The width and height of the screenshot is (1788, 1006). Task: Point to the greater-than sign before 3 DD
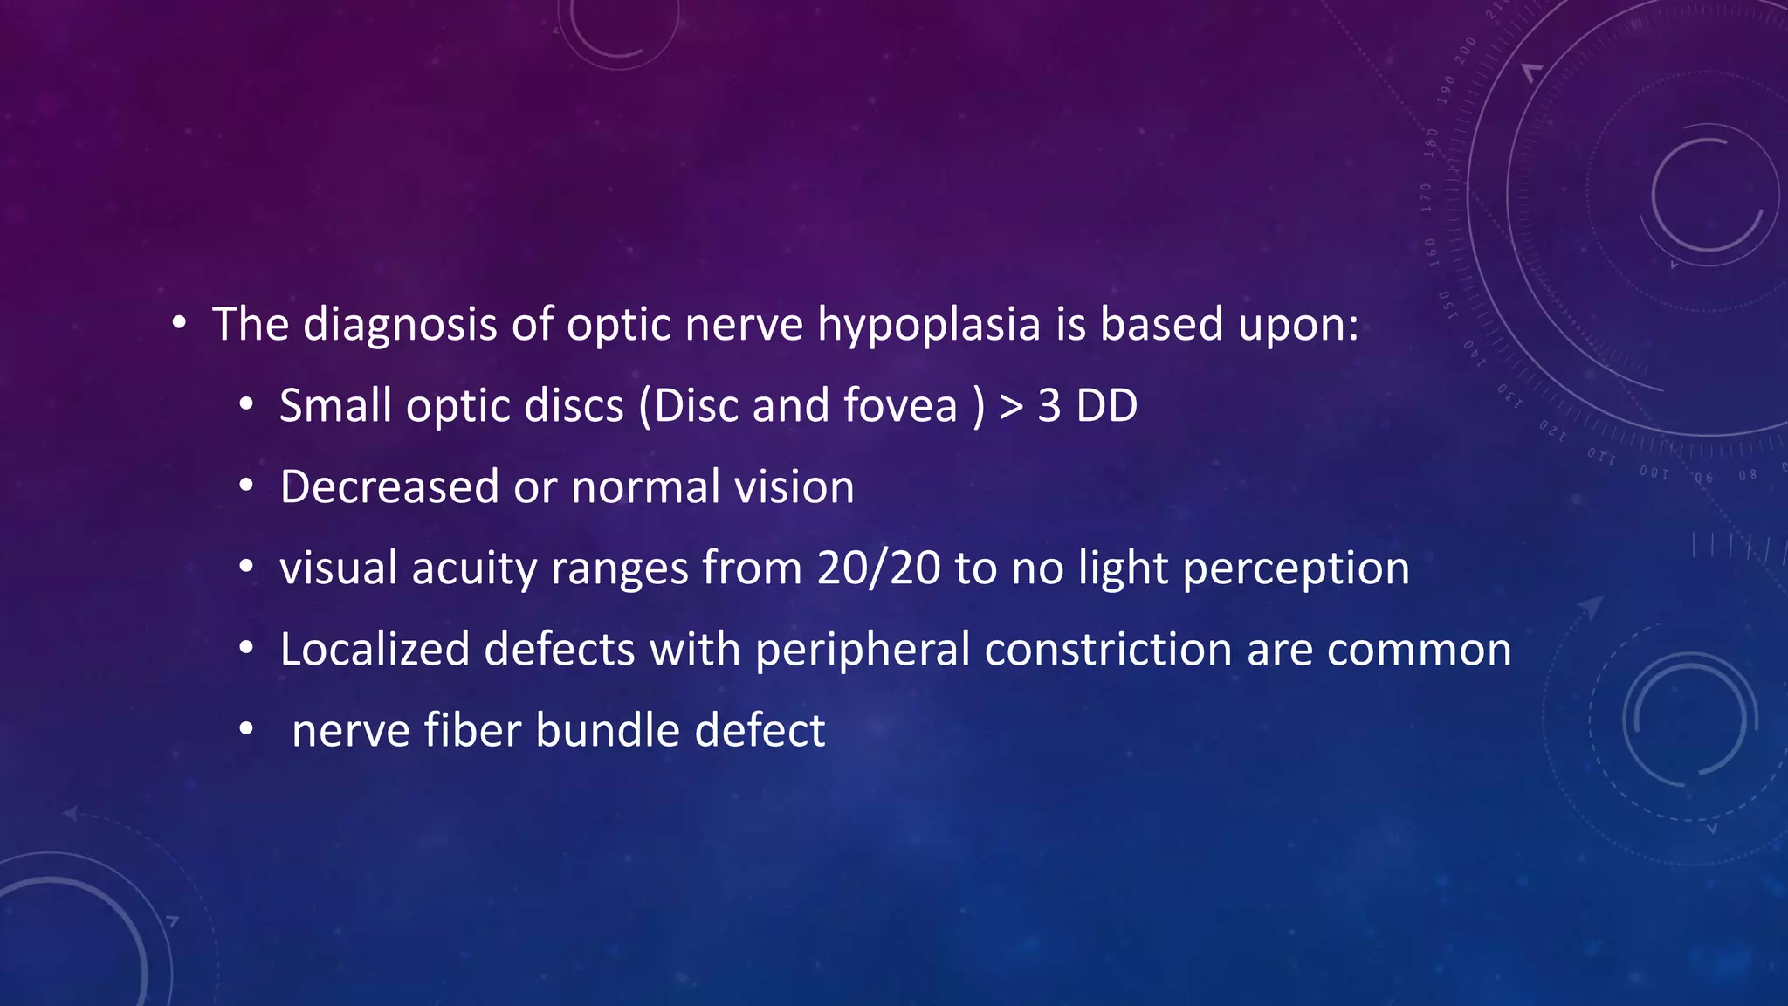[1011, 407]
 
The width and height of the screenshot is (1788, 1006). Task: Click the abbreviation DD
[1106, 406]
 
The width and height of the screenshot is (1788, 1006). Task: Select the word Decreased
[389, 486]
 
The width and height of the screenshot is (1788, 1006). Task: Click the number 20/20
[878, 568]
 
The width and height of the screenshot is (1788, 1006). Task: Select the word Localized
[375, 650]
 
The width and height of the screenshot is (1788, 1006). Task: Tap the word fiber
[472, 730]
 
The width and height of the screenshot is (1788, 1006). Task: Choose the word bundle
[608, 730]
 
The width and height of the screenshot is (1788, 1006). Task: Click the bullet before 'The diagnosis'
[179, 324]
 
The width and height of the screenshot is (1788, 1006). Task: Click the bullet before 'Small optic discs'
[246, 404]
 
